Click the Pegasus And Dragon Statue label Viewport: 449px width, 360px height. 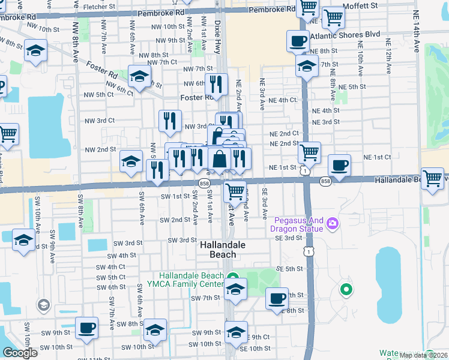point(296,224)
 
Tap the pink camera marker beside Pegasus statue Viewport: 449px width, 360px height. point(333,224)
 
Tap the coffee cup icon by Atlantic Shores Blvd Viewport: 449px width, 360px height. point(298,41)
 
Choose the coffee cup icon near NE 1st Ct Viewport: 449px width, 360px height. point(340,164)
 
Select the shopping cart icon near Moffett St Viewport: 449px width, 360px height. point(333,18)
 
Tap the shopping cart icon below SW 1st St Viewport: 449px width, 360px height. point(235,191)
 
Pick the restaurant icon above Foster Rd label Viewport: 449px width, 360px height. point(216,85)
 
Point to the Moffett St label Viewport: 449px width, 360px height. point(360,5)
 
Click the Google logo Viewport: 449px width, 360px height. point(20,353)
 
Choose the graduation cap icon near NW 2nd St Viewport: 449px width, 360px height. point(131,160)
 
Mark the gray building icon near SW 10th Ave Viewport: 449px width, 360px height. point(43,305)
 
